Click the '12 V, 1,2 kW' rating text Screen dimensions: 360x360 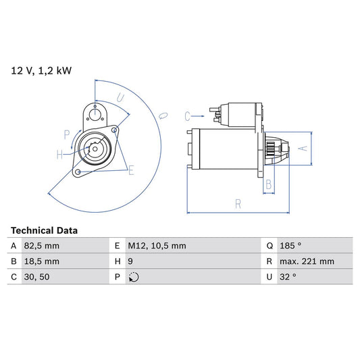[x=41, y=70]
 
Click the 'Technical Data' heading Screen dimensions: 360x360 [x=44, y=230]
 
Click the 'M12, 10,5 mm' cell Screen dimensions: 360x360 [x=158, y=246]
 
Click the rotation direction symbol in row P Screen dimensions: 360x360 [x=133, y=277]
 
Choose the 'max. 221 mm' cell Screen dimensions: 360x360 [x=309, y=261]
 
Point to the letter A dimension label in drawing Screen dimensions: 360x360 [x=303, y=148]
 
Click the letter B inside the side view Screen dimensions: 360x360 [x=268, y=184]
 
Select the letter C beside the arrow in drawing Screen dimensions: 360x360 [x=189, y=115]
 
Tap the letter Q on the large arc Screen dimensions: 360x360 [x=162, y=115]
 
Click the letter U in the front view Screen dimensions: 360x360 [x=121, y=99]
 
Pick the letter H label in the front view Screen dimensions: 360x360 [x=59, y=155]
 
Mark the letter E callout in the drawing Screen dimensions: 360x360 [x=131, y=170]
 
